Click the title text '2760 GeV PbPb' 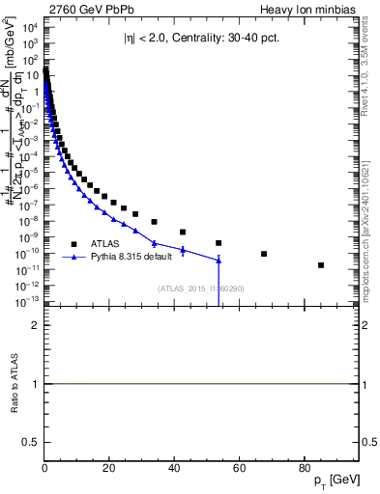tap(83, 9)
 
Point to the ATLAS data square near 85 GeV tap(321, 264)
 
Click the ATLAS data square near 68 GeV tap(265, 254)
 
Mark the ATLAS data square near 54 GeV tap(219, 243)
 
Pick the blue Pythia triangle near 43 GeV tap(183, 250)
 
